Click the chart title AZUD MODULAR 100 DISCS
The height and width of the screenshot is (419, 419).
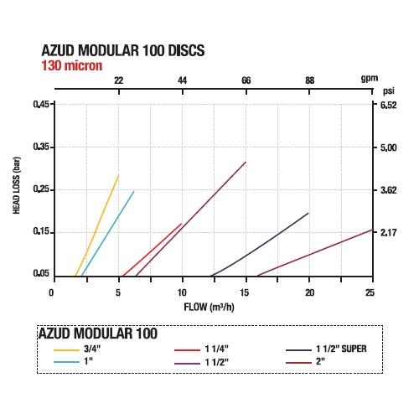[x=123, y=50]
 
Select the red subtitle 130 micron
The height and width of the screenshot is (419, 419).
[x=72, y=65]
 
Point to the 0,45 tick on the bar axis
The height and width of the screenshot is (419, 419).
[x=41, y=104]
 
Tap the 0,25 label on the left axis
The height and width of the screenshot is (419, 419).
[x=41, y=189]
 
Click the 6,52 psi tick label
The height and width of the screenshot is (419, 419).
[x=389, y=105]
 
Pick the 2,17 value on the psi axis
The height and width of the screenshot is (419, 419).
[x=389, y=232]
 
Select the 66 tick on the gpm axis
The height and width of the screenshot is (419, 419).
[x=246, y=80]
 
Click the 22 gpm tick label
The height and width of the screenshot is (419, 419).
[x=119, y=80]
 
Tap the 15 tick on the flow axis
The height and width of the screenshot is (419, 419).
[x=245, y=292]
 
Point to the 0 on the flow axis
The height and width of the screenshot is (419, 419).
[x=51, y=292]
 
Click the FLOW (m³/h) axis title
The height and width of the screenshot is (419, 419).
[x=209, y=307]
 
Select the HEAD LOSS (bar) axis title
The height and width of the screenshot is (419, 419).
[x=17, y=185]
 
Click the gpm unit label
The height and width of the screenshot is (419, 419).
[x=370, y=79]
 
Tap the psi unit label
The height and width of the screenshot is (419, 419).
[x=389, y=91]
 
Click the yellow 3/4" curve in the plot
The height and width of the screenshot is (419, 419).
[x=97, y=225]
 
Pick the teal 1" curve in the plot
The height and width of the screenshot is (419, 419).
[x=107, y=234]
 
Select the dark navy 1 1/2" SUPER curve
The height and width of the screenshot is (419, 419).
[x=260, y=245]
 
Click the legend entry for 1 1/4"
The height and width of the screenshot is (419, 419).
[x=201, y=349]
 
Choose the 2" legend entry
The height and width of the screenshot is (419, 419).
[x=305, y=362]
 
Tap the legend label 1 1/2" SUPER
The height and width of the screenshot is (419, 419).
[x=341, y=349]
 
